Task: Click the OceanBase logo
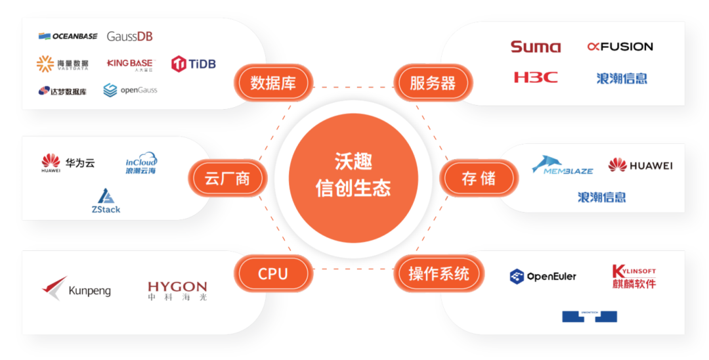click(68, 36)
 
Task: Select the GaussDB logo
click(129, 36)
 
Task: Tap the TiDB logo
click(193, 64)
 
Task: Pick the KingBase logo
click(129, 64)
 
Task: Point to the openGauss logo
click(130, 90)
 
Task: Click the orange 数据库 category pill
click(272, 83)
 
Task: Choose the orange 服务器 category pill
click(433, 83)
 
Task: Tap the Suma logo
click(536, 47)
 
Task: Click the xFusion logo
click(620, 47)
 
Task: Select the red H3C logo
click(536, 78)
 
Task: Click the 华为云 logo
click(68, 163)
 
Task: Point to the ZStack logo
click(106, 201)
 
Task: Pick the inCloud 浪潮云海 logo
click(141, 164)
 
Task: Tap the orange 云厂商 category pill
click(227, 179)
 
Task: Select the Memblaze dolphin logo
click(562, 165)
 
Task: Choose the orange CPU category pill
click(272, 274)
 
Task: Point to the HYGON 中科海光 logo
click(177, 290)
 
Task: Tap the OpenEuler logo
click(543, 277)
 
